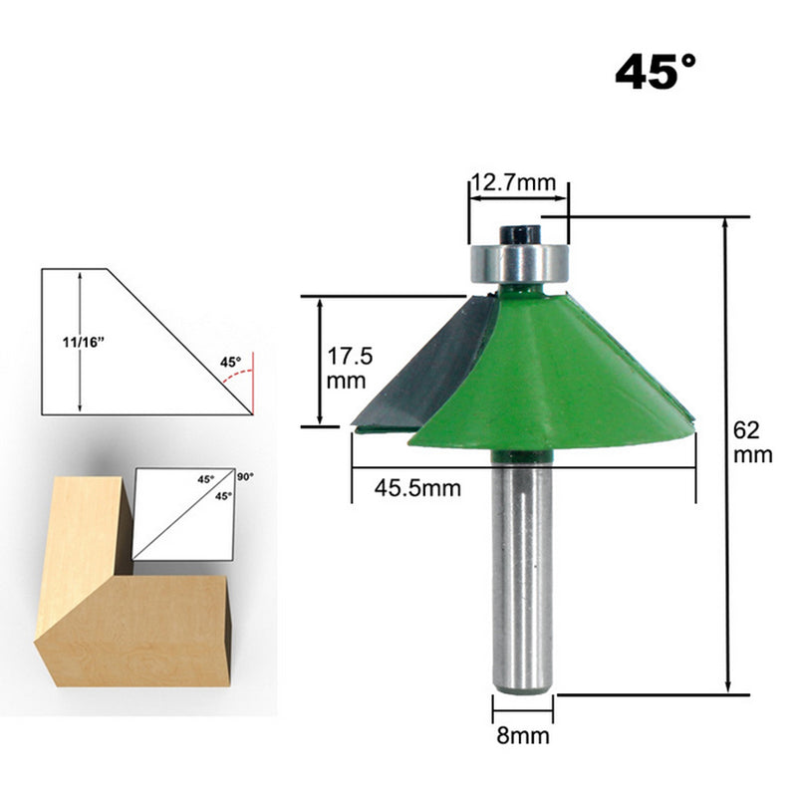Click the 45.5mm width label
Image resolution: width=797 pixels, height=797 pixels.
click(x=416, y=487)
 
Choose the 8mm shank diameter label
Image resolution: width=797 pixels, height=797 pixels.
click(x=521, y=737)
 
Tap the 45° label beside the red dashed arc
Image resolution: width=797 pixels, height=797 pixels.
click(x=230, y=363)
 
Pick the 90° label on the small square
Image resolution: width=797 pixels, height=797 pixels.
click(x=245, y=476)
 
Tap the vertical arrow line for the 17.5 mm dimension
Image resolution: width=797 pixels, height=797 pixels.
click(x=319, y=361)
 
